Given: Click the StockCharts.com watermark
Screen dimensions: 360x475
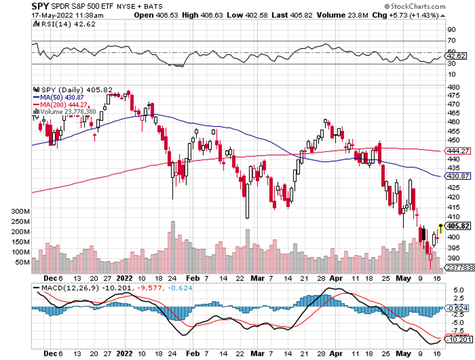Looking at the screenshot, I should point(415,7).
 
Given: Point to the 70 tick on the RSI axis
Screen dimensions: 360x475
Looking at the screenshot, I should point(451,41).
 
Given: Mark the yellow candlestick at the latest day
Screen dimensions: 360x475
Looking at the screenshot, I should point(440,228).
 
